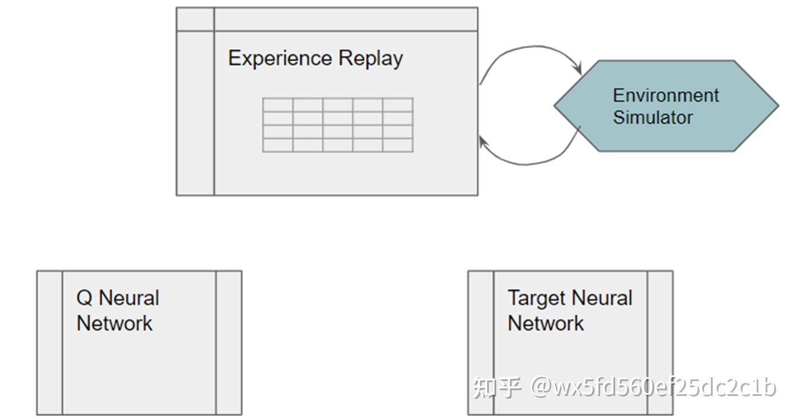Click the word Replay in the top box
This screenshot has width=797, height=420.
(x=371, y=58)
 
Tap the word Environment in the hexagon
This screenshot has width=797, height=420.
(x=666, y=95)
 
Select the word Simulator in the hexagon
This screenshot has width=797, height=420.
(x=652, y=117)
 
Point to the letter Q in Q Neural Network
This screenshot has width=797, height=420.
(x=84, y=298)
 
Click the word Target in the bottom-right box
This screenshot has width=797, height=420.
(x=536, y=298)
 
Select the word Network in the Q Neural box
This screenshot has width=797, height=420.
(x=115, y=323)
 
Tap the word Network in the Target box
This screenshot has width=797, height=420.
(x=546, y=323)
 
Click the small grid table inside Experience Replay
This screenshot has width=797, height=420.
(x=337, y=125)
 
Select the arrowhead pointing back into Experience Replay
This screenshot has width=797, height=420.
(x=483, y=143)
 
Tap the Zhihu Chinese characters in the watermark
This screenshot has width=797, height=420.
(x=497, y=387)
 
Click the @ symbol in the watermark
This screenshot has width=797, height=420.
(x=542, y=387)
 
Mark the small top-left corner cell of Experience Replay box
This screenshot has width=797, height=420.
(x=195, y=19)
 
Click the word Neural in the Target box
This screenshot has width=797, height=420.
(x=602, y=298)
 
